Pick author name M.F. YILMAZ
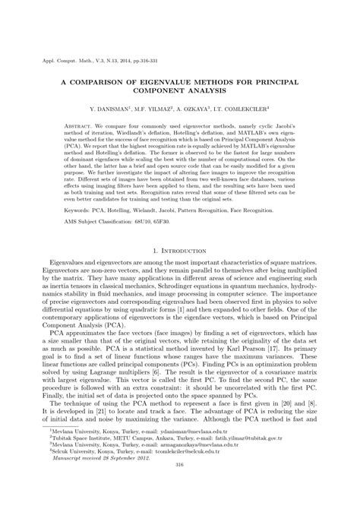point(166,109)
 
